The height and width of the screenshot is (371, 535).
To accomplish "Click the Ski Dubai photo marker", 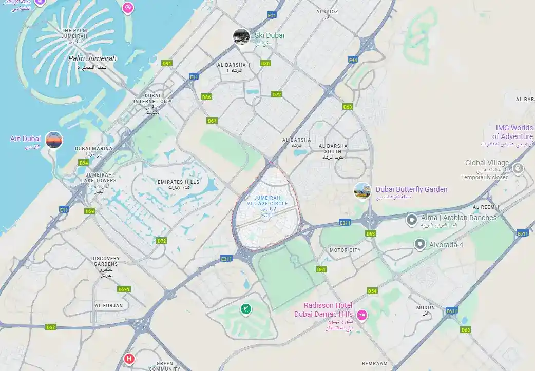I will point(241,36).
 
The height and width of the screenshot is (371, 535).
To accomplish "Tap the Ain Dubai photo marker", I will point(54,140).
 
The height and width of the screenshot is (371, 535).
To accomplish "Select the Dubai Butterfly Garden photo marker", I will point(362,191).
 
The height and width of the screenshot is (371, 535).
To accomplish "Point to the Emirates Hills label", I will point(178,182).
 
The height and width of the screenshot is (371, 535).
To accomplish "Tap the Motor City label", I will point(345,250).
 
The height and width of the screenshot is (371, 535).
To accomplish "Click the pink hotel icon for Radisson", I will point(362,315).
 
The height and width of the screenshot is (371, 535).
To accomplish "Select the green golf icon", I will point(246,309).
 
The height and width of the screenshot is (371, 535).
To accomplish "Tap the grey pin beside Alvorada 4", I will point(420,244).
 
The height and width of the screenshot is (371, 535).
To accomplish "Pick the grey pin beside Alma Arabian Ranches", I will point(411,220).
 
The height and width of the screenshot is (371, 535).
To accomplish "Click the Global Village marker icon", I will point(518,168).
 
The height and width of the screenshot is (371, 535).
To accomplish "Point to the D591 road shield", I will point(124,289).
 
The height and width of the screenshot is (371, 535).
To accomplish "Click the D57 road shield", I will point(51,327).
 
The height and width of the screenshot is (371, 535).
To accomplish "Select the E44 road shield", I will point(353,60).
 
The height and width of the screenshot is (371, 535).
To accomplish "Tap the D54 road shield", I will point(372,291).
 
